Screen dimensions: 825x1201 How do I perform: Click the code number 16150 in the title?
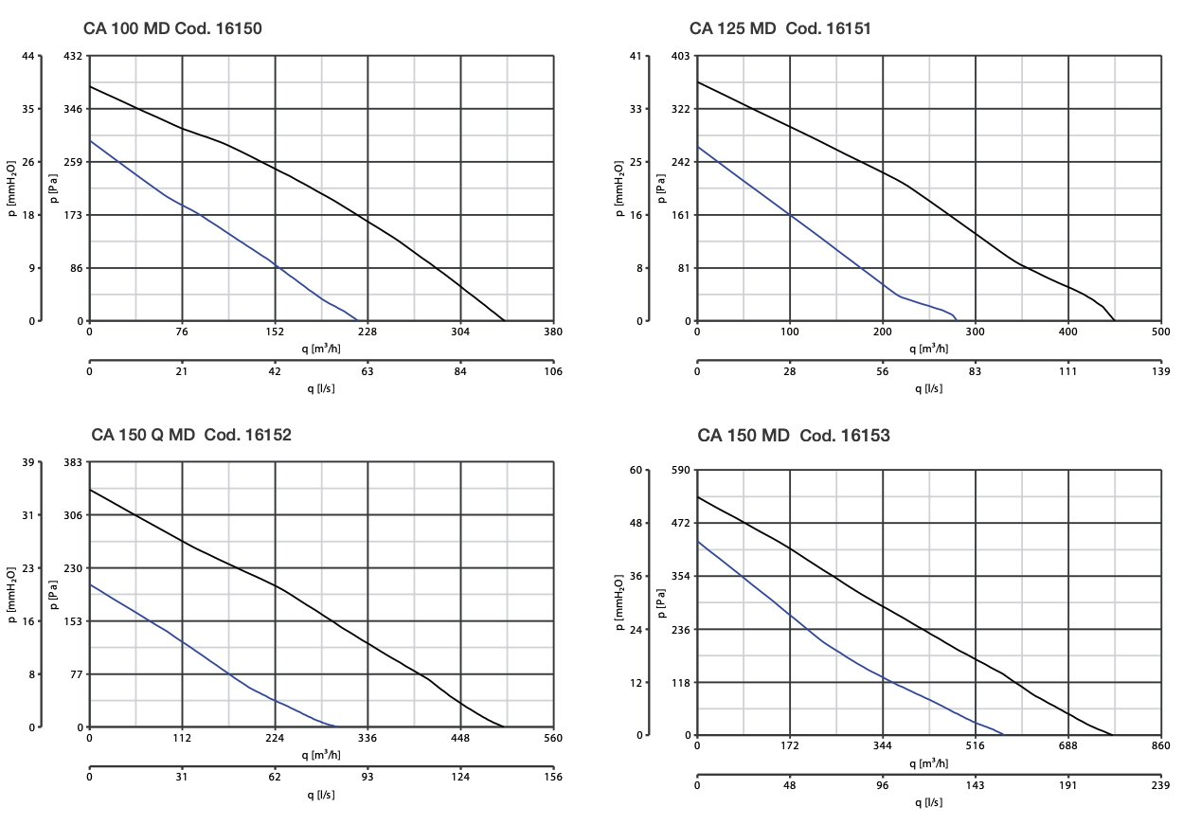pos(232,29)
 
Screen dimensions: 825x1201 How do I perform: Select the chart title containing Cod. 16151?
pos(780,29)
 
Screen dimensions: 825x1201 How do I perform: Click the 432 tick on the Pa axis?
pos(74,56)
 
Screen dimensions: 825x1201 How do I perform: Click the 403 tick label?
pos(680,56)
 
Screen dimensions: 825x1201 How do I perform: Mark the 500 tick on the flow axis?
pos(1160,332)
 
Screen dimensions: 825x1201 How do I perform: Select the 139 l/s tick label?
pos(1160,371)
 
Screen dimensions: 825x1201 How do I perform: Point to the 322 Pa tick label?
pos(680,109)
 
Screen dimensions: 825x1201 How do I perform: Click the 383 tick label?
pos(74,462)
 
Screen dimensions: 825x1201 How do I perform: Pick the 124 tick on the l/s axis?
pos(460,778)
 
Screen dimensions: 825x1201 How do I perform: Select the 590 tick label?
pos(680,470)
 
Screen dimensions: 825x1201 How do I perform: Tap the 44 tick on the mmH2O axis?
pos(27,56)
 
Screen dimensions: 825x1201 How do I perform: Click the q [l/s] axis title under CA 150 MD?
pos(928,802)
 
